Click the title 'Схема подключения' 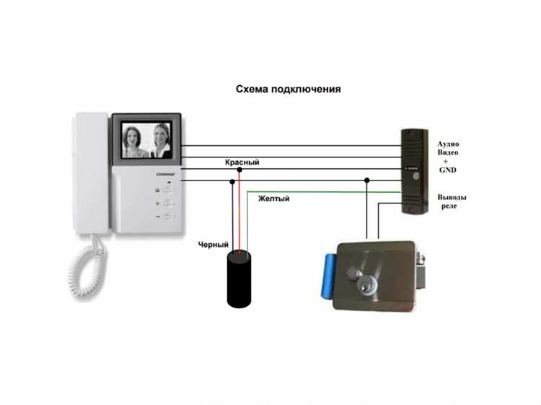click(x=289, y=90)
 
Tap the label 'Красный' click(x=242, y=163)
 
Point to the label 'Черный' click(x=214, y=245)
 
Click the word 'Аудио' click(x=448, y=144)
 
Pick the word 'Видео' click(x=448, y=153)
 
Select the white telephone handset click(x=90, y=173)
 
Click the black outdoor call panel click(x=415, y=170)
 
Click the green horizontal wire click(x=325, y=192)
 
